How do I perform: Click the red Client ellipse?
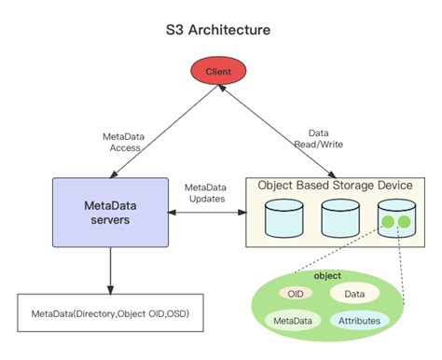click(x=217, y=70)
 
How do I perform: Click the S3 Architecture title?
click(x=218, y=30)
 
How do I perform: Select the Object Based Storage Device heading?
click(x=334, y=186)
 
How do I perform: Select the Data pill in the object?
click(x=353, y=293)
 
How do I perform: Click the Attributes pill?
click(x=357, y=320)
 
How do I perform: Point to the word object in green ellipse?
click(x=327, y=276)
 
